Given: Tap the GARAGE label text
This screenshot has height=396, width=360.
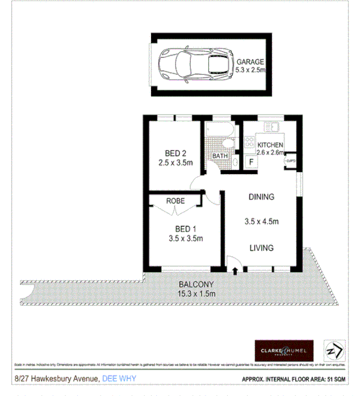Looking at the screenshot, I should pos(251,61).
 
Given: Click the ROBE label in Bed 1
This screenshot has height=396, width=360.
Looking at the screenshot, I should pos(176,201).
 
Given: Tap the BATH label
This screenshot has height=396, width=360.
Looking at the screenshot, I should pos(220,156).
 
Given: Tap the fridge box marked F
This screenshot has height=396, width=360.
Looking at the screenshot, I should pos(251,161).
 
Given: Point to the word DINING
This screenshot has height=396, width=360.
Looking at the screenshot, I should pos(260,197).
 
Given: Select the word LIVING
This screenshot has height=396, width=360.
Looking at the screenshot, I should pos(261,248).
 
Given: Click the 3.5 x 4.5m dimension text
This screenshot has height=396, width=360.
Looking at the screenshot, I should pos(261,222).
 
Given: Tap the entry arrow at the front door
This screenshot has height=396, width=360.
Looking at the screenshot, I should pos(235,271).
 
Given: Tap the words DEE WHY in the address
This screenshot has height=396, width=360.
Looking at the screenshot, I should pos(119,378).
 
